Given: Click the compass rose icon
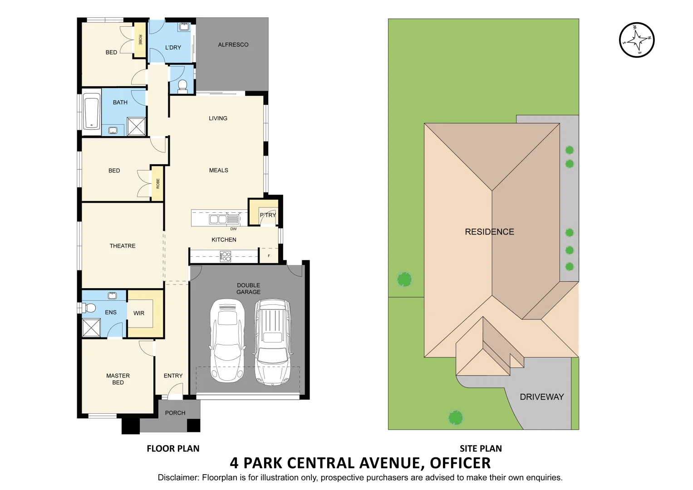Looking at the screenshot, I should [637, 40].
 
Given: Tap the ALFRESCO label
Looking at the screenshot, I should [233, 44].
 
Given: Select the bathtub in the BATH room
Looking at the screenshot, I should [92, 111].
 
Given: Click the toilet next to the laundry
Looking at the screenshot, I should [182, 85].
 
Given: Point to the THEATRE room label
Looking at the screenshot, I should [123, 246].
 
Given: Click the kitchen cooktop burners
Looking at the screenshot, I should [226, 257].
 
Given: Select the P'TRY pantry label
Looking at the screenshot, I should [268, 215].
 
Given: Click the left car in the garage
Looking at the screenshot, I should [227, 340].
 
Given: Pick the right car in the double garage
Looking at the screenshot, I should [272, 341].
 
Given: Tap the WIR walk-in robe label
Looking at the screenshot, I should [139, 313].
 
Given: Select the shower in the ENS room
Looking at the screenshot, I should [91, 328].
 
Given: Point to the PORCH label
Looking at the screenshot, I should [175, 413].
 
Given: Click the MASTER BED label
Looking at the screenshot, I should [118, 379].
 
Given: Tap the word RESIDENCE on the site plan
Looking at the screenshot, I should [489, 232].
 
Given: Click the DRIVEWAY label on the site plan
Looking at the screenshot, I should [541, 397].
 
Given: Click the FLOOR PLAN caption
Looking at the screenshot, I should [173, 449].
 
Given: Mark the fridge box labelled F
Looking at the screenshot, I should [269, 256].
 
